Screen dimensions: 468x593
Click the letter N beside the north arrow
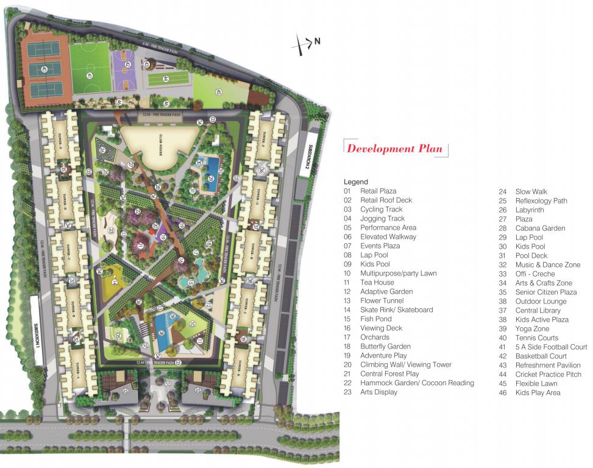pos(317,41)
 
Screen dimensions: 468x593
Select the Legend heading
pos(356,182)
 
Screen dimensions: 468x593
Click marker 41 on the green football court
pos(89,76)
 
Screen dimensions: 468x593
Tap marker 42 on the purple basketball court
pos(127,64)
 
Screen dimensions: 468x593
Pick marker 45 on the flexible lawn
pos(218,93)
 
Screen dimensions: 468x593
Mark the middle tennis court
pos(46,69)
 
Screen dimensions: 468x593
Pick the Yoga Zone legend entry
pos(531,328)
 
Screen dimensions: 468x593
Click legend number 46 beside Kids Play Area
pos(503,392)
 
